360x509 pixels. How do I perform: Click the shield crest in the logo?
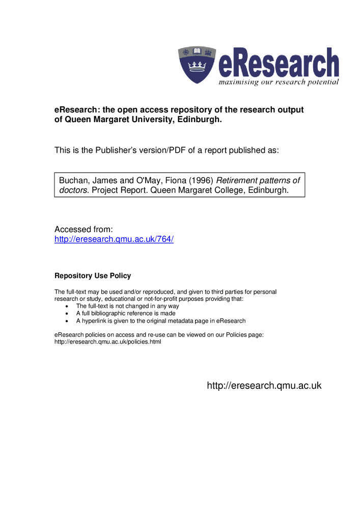point(197,65)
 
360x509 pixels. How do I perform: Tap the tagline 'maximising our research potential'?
point(279,82)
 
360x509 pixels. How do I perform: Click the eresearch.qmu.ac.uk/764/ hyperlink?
point(114,239)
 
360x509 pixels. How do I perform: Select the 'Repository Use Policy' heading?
point(93,276)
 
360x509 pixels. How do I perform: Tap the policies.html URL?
point(107,342)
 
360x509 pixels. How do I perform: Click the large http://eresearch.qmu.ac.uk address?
point(264,386)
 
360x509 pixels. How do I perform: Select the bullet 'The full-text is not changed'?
point(127,306)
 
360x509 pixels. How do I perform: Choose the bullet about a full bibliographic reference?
point(126,314)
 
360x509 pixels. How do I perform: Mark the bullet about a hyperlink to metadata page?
point(161,321)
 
